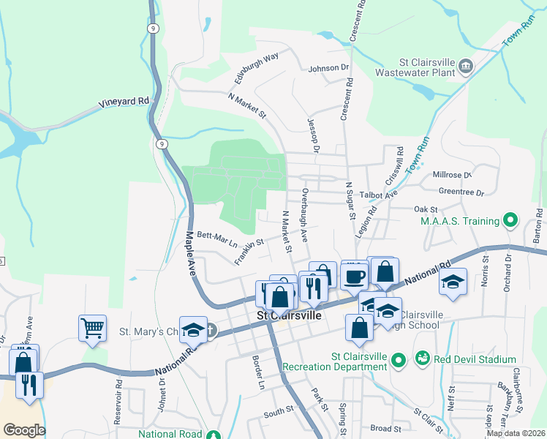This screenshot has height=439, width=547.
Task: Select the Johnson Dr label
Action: coord(329,68)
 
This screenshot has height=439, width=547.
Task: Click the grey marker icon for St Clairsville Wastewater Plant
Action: coord(465,68)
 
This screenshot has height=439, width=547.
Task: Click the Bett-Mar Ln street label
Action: coord(217,238)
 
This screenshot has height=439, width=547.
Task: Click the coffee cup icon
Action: coord(354,277)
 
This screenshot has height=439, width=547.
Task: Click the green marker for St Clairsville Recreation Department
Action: coord(398,360)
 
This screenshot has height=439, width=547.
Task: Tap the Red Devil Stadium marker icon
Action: coord(422,359)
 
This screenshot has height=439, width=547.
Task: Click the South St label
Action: coord(279,413)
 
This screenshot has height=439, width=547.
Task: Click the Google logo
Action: coord(24,430)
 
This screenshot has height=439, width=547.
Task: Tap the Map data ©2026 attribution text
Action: coord(516,433)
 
